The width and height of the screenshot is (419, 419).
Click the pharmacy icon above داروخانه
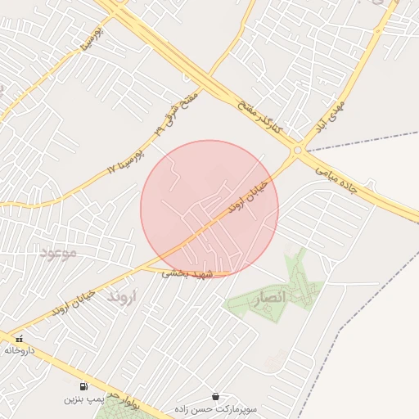[18, 338]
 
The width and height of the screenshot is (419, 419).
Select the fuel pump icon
[83, 386]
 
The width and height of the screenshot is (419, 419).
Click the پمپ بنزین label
[84, 400]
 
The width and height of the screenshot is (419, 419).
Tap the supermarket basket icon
[215, 396]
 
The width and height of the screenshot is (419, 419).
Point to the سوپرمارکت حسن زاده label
[215, 408]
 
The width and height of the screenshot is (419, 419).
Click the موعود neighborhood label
[57, 253]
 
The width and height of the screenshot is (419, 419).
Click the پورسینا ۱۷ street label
[125, 160]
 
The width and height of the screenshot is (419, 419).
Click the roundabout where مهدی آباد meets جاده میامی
[296, 151]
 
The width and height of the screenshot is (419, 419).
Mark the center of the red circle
[209, 209]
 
